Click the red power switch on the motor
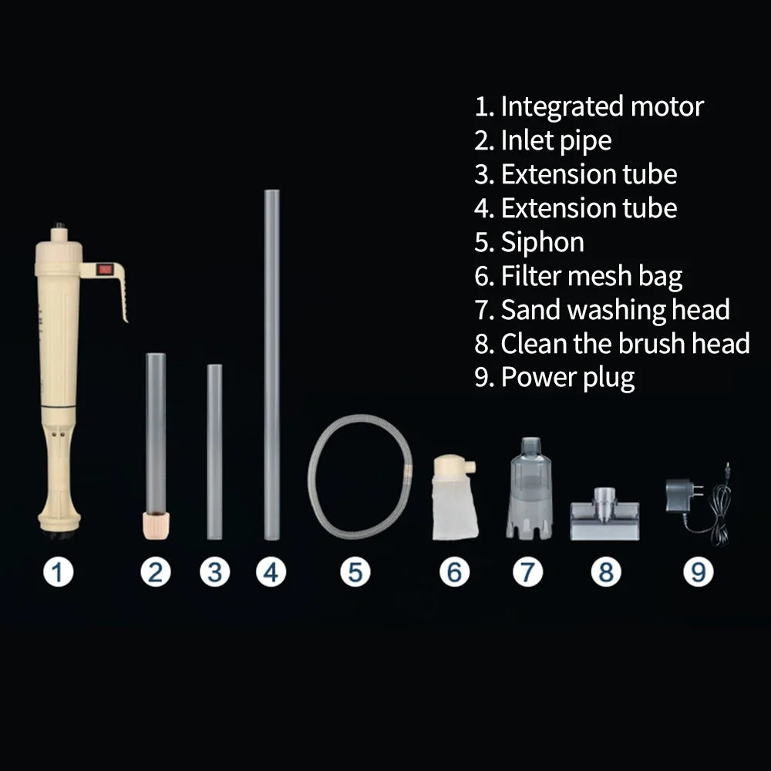[x=105, y=269]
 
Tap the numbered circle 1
[x=58, y=572]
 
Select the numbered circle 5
[x=355, y=572]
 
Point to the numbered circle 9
[x=699, y=572]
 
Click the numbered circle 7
[x=527, y=572]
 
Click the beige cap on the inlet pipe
[x=156, y=525]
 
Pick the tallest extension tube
[x=272, y=365]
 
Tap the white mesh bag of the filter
[x=455, y=507]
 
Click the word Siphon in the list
[x=542, y=242]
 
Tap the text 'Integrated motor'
[x=602, y=106]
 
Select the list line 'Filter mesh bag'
[x=578, y=276]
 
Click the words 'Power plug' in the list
[x=567, y=378]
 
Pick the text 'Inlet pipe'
[x=556, y=140]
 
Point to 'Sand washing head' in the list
[x=615, y=310]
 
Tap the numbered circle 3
[x=215, y=572]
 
